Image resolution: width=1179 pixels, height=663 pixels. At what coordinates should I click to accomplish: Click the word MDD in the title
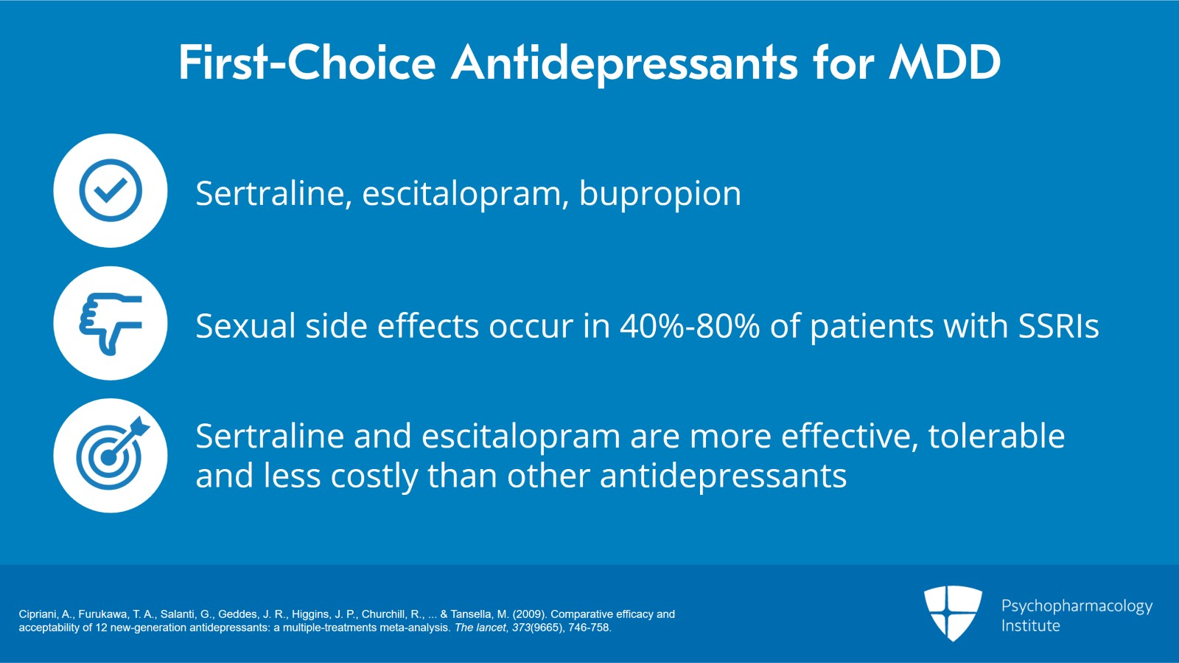tap(945, 62)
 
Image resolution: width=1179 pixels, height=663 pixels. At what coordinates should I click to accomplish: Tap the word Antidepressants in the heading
tap(624, 62)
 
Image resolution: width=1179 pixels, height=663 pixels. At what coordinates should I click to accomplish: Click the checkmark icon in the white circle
tap(111, 190)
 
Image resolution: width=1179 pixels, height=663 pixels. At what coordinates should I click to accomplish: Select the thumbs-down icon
tap(111, 323)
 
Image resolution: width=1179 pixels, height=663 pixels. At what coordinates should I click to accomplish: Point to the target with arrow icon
tap(111, 456)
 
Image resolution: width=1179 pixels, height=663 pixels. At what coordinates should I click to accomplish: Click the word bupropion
tap(660, 194)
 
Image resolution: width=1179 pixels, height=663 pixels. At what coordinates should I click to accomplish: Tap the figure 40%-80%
tap(689, 326)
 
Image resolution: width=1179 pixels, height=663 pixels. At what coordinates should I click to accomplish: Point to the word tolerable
tap(996, 437)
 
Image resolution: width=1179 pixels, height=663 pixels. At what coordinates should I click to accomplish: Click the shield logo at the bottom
tap(953, 613)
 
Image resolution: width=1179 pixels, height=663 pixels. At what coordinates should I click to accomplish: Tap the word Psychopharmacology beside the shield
tap(1077, 606)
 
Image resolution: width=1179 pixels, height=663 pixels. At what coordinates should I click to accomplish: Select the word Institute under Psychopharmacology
tap(1030, 626)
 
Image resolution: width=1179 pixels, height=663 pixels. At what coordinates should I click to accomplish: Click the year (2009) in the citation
tap(528, 614)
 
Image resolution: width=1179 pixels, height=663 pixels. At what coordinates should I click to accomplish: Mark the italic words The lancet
tap(480, 628)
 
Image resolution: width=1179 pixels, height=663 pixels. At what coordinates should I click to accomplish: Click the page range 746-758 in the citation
tap(589, 628)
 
